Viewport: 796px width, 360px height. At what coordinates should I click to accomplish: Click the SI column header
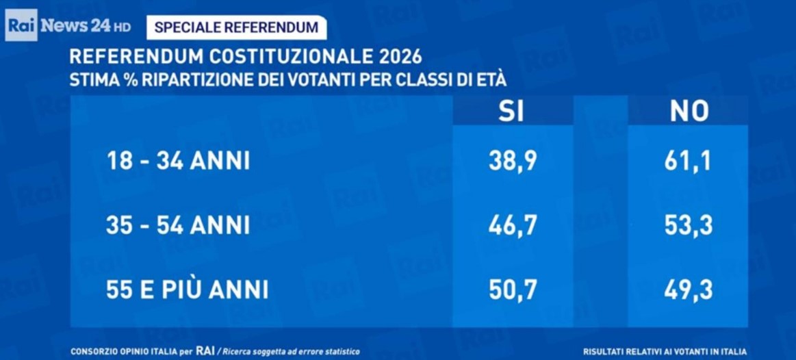pyautogui.click(x=512, y=111)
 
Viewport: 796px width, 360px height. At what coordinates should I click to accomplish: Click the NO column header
pyautogui.click(x=689, y=111)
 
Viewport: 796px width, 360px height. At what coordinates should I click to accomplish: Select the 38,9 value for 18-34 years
pyautogui.click(x=513, y=162)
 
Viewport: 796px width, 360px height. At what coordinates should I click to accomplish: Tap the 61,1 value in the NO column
pyautogui.click(x=687, y=162)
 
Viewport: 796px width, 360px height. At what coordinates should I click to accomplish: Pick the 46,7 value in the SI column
pyautogui.click(x=513, y=225)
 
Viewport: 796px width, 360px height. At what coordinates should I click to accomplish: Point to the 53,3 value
pyautogui.click(x=688, y=225)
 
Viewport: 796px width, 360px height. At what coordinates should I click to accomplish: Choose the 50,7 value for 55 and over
pyautogui.click(x=513, y=290)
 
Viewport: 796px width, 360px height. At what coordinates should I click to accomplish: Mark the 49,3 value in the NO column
pyautogui.click(x=688, y=290)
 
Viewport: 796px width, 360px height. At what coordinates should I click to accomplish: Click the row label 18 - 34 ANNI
pyautogui.click(x=178, y=162)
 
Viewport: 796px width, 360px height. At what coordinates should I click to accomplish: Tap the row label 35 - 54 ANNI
pyautogui.click(x=178, y=225)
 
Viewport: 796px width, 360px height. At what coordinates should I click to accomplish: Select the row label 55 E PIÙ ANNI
pyautogui.click(x=187, y=290)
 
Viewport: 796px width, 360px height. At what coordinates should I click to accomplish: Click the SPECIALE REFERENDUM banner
pyautogui.click(x=236, y=27)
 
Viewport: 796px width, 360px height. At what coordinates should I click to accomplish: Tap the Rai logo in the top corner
pyautogui.click(x=21, y=27)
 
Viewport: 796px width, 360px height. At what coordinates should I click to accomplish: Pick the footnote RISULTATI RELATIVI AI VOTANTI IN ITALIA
pyautogui.click(x=665, y=351)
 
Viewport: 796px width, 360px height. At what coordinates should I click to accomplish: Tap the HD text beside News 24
pyautogui.click(x=122, y=27)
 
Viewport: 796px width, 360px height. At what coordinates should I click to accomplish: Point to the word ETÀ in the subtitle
pyautogui.click(x=491, y=79)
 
